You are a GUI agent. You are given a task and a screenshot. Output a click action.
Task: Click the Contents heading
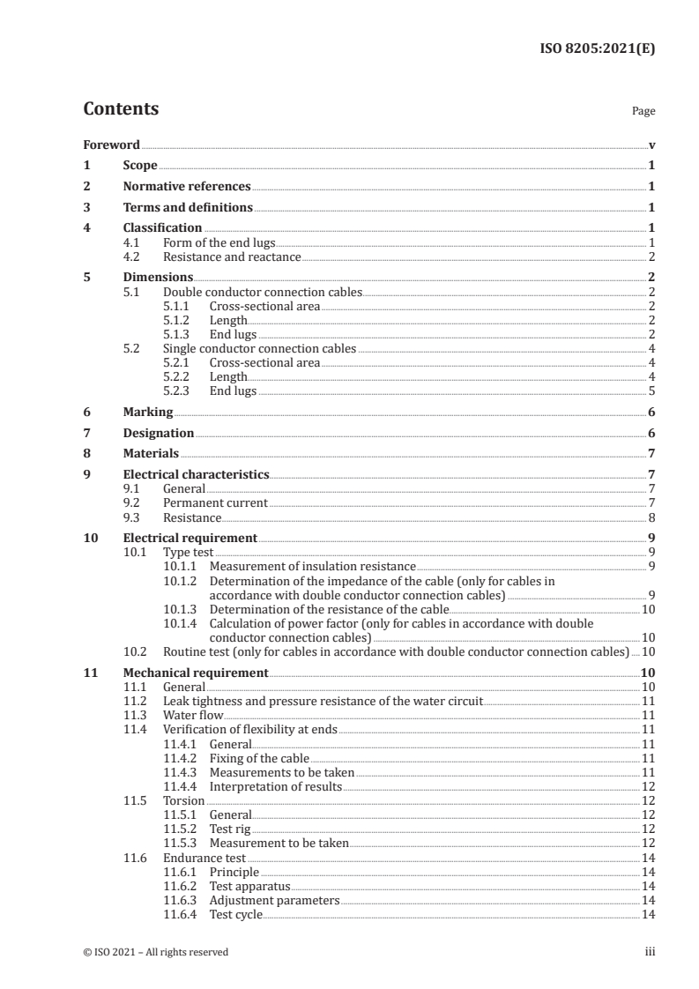click(x=121, y=109)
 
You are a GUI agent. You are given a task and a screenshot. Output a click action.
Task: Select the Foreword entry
click(x=111, y=145)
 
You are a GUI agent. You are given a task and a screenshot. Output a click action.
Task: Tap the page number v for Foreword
click(x=651, y=145)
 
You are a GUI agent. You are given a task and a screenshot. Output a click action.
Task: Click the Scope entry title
click(x=140, y=166)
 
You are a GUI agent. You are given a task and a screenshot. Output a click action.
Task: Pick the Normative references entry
click(x=187, y=187)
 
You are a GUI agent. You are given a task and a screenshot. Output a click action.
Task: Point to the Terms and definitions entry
click(x=188, y=208)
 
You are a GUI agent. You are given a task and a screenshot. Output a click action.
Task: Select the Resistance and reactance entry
click(x=232, y=257)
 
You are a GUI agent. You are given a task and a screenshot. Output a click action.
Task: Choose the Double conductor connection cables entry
click(x=262, y=292)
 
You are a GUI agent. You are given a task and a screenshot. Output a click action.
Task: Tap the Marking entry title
click(x=147, y=413)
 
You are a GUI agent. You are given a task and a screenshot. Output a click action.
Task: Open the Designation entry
click(x=158, y=433)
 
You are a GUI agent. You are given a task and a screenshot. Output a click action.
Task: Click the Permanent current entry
click(x=215, y=503)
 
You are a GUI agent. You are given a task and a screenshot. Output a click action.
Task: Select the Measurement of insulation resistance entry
click(x=312, y=566)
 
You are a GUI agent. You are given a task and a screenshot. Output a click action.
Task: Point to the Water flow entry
click(x=193, y=715)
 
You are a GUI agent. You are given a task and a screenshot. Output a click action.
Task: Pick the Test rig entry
click(x=230, y=829)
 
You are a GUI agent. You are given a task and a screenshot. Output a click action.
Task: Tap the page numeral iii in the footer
click(x=650, y=952)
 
